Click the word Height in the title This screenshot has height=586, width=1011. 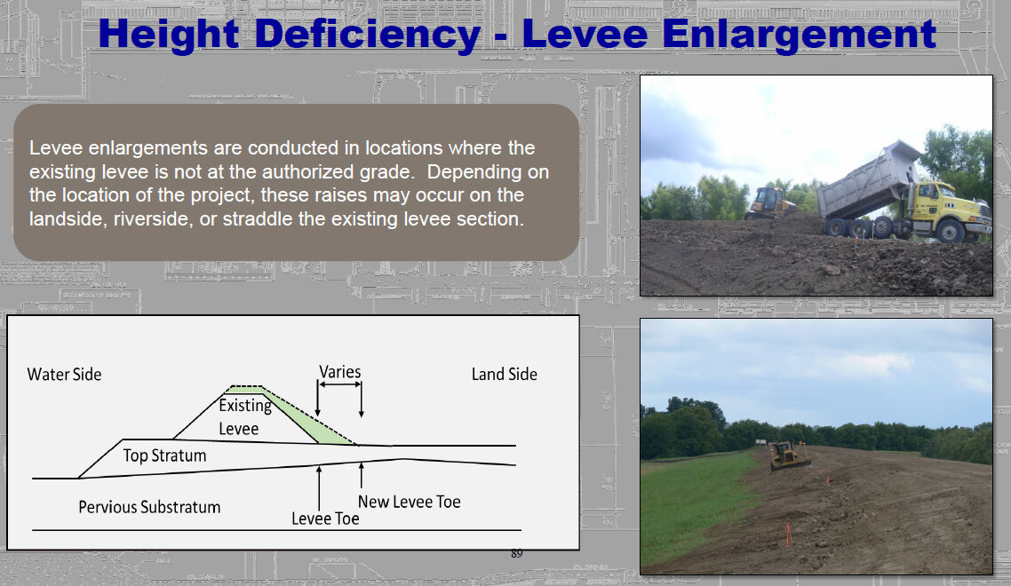tap(169, 35)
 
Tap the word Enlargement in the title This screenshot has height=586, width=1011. tap(799, 35)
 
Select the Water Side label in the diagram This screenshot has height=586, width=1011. tap(65, 375)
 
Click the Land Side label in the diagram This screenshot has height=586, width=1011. tap(505, 374)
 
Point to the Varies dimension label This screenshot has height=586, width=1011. tap(339, 372)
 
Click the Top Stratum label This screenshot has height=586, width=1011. tap(165, 455)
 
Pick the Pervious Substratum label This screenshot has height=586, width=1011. tap(149, 507)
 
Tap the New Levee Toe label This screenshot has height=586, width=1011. tap(410, 502)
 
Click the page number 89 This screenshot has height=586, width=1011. tap(516, 553)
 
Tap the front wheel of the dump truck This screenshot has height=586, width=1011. tap(950, 231)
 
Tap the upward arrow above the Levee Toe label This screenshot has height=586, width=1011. tap(319, 488)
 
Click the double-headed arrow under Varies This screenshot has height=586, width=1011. tap(339, 384)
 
